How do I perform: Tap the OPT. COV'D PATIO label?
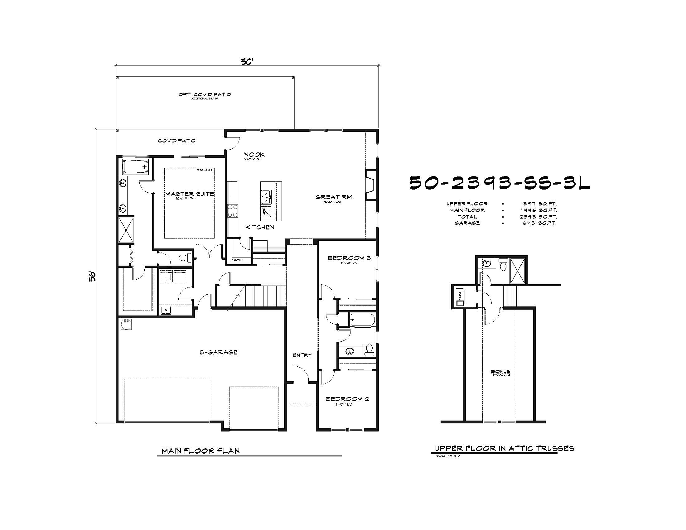coord(205,94)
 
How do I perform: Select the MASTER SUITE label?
coord(189,194)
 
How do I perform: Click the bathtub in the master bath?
coord(135,166)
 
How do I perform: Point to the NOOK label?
coord(254,154)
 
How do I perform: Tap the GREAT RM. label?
coord(335,197)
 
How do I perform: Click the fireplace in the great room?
coord(371,185)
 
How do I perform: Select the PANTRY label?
coord(237,260)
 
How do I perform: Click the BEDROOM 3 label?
coord(349,258)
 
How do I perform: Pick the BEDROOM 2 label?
coord(347,399)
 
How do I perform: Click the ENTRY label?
coord(302,355)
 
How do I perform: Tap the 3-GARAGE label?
coord(219,352)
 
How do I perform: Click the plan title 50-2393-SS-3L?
coord(500,183)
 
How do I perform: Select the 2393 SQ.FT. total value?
coord(538,217)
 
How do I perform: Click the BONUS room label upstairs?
coord(500,372)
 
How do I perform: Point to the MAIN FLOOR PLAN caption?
coord(200,451)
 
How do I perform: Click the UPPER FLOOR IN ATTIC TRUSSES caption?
coord(505,448)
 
